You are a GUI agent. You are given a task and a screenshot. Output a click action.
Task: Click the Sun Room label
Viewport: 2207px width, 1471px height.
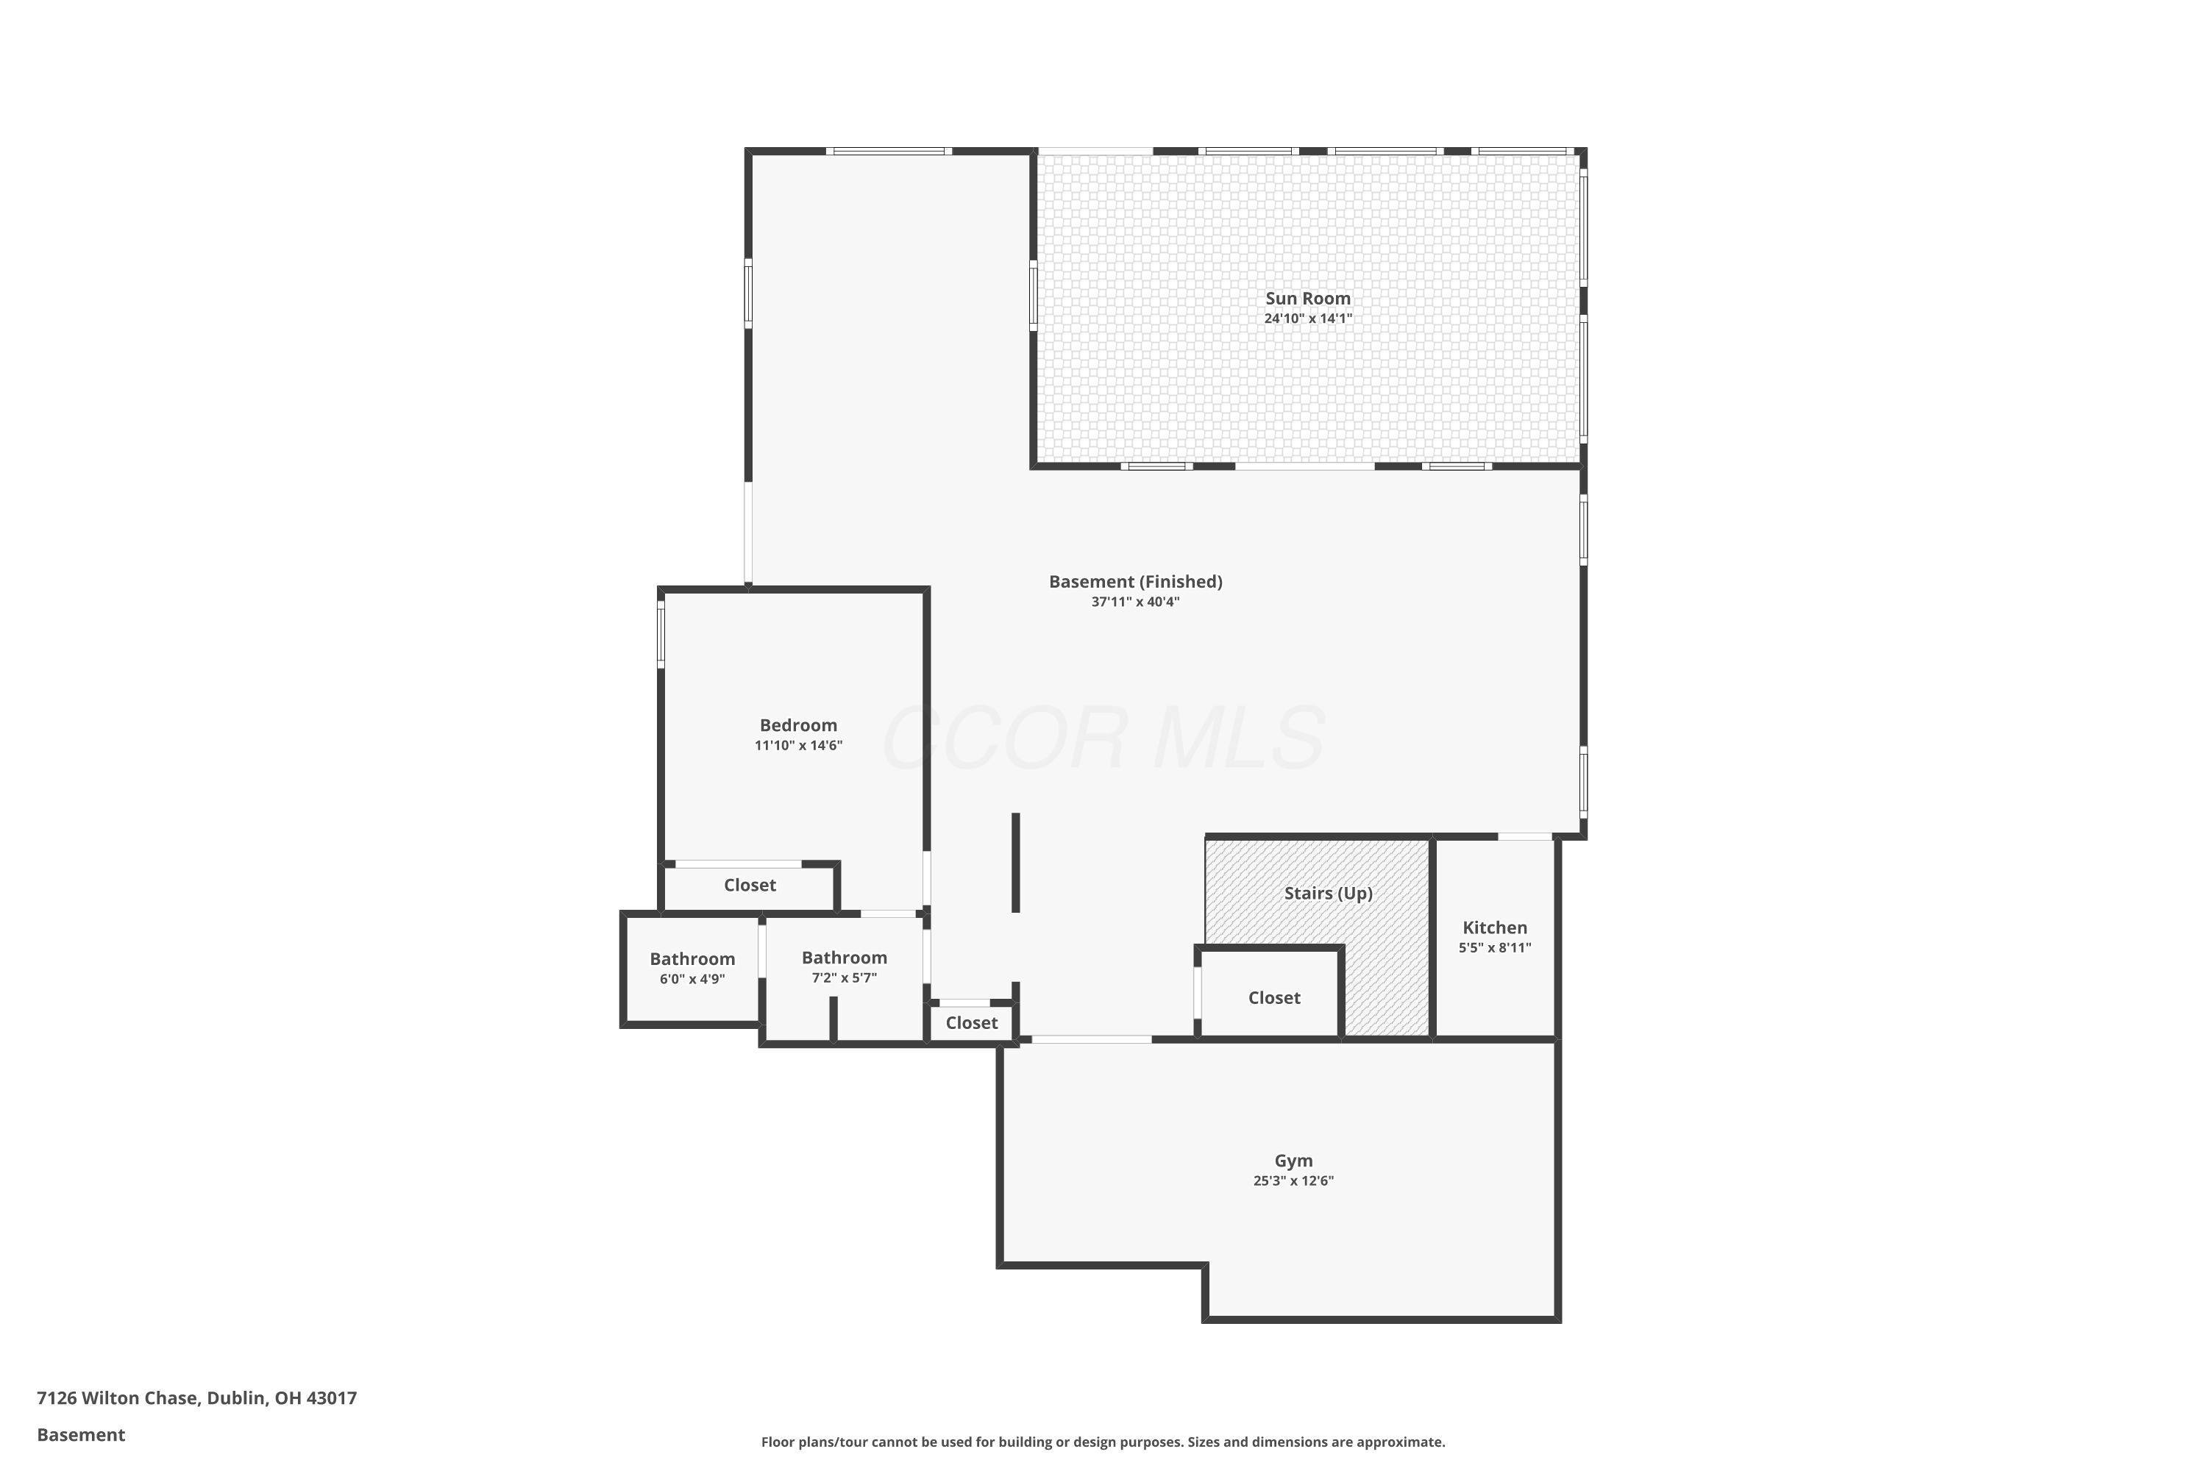pos(1307,299)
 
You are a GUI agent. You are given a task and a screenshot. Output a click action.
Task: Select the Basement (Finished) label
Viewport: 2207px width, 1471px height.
pos(1134,582)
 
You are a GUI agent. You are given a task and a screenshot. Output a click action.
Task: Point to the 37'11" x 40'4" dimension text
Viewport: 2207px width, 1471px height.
pos(1134,602)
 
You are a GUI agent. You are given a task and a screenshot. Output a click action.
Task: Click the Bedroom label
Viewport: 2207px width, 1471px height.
pos(797,725)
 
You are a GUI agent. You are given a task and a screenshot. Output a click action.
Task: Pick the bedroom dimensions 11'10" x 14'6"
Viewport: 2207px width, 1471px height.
pos(797,746)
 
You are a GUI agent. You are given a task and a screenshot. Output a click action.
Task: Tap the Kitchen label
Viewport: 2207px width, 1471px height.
pos(1494,927)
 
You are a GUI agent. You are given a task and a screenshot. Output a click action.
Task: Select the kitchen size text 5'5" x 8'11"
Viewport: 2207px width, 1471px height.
pos(1494,947)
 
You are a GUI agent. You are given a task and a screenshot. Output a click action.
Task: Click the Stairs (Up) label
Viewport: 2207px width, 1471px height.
pos(1328,893)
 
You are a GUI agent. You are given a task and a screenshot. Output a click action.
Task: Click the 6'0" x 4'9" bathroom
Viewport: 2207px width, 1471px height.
pos(692,968)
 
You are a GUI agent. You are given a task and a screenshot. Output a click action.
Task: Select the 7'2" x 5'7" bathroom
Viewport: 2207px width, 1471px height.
pos(844,967)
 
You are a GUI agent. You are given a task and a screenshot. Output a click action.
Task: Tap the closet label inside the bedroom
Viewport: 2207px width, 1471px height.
pos(749,885)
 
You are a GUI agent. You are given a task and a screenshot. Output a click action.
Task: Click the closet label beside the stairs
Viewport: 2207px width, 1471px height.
pos(1273,998)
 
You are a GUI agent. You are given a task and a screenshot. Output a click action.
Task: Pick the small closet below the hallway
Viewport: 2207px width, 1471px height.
pos(970,1022)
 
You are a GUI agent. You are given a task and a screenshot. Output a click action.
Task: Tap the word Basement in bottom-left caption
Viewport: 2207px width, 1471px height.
pos(81,1434)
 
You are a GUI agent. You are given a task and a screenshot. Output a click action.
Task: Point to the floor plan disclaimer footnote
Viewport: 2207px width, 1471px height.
pos(1103,1442)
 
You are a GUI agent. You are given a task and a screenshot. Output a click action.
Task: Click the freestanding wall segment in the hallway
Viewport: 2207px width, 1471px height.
pos(1015,862)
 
